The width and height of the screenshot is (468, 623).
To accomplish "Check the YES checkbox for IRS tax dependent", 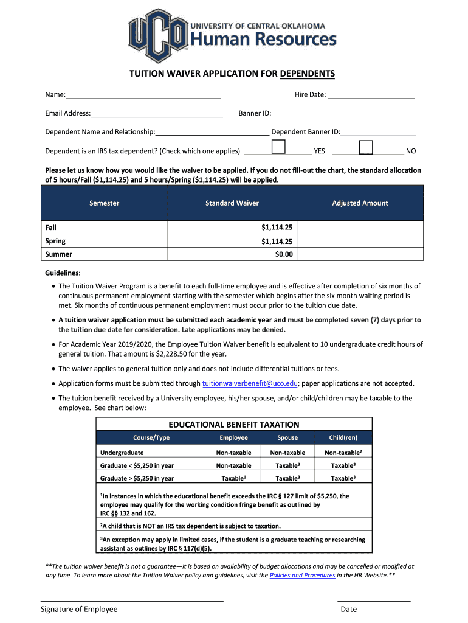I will click(x=278, y=147).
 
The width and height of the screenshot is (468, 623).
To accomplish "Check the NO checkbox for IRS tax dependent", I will click(x=366, y=147).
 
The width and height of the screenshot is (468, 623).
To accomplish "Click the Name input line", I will click(x=143, y=95).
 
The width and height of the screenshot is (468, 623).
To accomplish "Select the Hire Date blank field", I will click(x=371, y=95).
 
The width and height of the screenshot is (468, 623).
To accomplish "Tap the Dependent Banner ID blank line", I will click(x=378, y=132).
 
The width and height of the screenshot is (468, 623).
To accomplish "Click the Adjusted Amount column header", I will click(x=360, y=203).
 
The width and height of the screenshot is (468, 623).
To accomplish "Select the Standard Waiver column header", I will click(x=232, y=203).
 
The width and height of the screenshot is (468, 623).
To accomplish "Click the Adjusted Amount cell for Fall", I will click(x=360, y=228).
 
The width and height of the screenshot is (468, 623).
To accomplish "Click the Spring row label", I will click(x=55, y=241).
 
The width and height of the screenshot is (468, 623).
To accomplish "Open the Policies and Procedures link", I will click(x=302, y=575).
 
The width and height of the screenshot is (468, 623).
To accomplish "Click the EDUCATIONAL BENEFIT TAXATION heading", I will click(x=233, y=425).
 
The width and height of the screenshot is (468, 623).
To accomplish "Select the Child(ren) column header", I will click(x=343, y=438).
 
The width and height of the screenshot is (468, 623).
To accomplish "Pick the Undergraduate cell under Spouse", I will click(x=287, y=453).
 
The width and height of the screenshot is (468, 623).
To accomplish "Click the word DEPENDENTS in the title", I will click(x=307, y=74).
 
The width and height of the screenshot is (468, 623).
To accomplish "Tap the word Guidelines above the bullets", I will click(x=63, y=273).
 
